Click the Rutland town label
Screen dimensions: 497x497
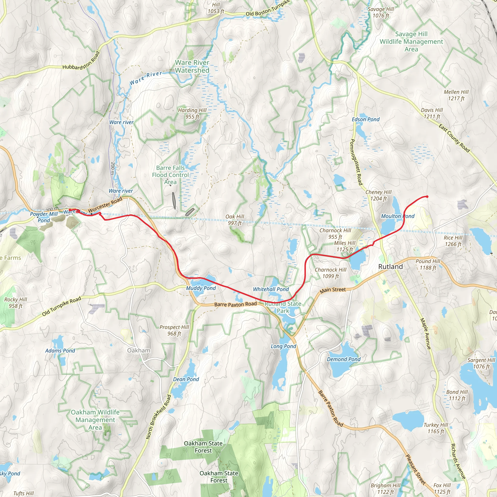[390, 267]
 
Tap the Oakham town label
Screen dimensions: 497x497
[139, 350]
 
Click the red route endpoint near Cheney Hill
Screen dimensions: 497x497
[427, 197]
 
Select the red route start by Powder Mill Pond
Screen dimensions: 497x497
[70, 210]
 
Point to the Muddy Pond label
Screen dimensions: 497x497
[201, 288]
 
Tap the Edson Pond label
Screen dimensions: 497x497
[365, 119]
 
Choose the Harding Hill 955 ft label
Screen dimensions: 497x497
[192, 113]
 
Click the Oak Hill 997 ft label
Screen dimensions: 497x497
[235, 220]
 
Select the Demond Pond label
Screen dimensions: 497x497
[344, 359]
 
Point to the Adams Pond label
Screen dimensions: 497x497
[60, 351]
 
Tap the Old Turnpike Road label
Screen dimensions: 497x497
[62, 306]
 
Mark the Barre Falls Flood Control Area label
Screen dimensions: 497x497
[171, 175]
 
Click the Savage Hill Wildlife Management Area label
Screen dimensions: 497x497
[411, 41]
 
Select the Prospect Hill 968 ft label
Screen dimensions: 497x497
[174, 330]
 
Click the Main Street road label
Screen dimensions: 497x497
[333, 290]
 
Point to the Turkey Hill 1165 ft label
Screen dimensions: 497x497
[436, 428]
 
